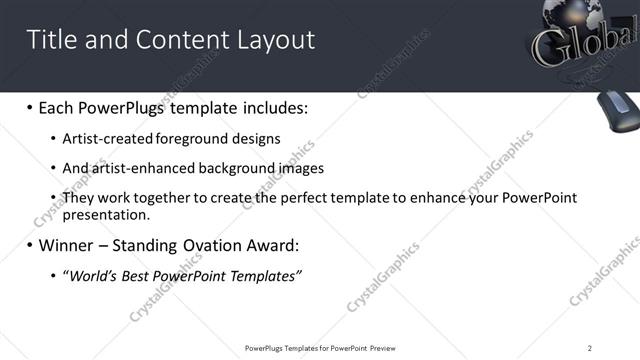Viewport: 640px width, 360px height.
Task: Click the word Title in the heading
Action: click(x=50, y=40)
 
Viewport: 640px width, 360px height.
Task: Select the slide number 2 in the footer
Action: click(x=590, y=348)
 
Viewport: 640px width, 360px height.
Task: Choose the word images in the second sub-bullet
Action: click(x=295, y=168)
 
